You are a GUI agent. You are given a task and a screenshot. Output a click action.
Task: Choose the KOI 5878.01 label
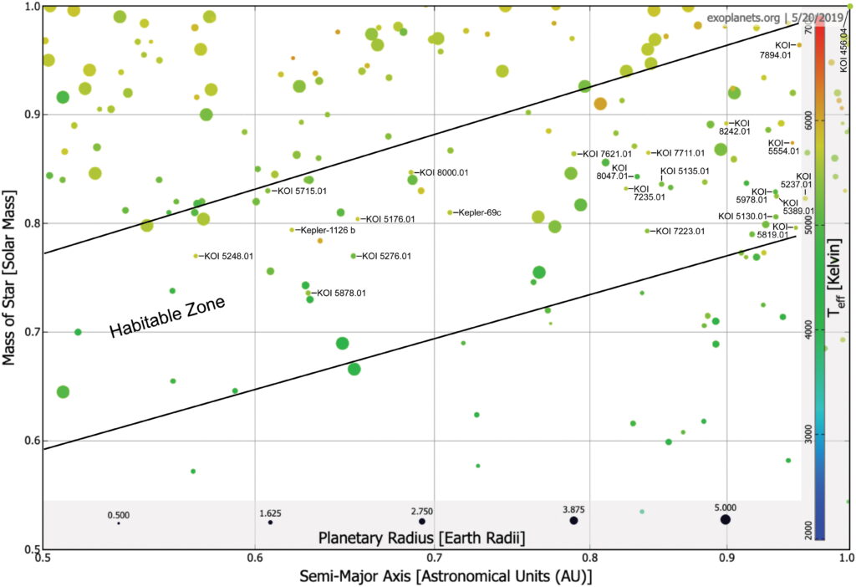click(340, 293)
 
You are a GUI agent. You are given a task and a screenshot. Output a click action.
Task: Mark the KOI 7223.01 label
click(682, 231)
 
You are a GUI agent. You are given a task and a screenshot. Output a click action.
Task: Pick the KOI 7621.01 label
click(609, 154)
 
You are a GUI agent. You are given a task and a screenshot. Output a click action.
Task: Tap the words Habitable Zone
click(168, 319)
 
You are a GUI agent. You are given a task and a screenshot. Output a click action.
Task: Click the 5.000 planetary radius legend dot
click(726, 519)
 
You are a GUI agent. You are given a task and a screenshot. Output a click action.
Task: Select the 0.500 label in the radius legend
click(119, 514)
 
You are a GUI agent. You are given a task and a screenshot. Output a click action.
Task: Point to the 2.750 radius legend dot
click(421, 522)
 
